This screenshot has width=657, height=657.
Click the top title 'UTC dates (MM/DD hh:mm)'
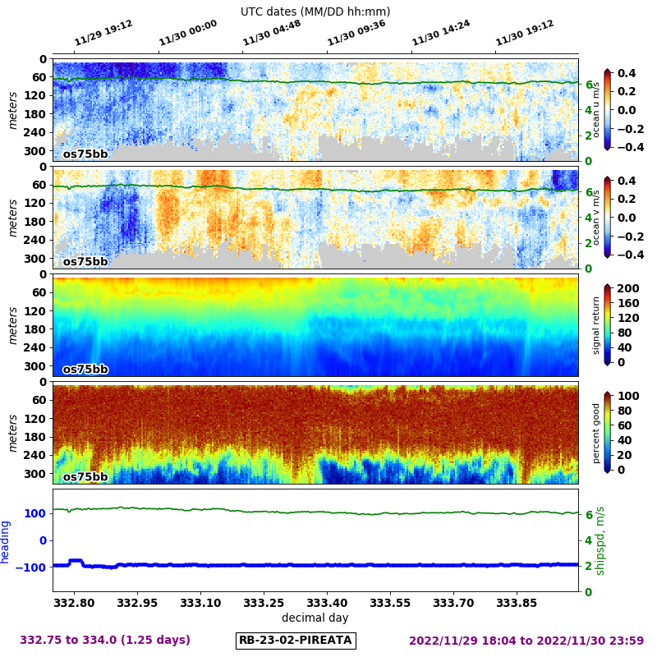pos(315,11)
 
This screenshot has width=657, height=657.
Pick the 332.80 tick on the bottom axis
pos(75,602)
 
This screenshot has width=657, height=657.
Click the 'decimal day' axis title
pos(315,618)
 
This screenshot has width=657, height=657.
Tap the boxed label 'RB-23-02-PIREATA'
pos(296,641)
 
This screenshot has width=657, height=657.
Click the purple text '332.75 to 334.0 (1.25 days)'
pos(105,641)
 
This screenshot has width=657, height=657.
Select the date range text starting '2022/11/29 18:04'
pos(526,641)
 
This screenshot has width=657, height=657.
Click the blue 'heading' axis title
pos(6,541)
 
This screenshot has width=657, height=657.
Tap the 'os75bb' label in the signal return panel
pos(85,369)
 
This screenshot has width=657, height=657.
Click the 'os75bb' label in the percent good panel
pos(85,476)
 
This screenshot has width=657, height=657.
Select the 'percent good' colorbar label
pos(597,433)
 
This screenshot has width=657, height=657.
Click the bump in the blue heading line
pos(76,561)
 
